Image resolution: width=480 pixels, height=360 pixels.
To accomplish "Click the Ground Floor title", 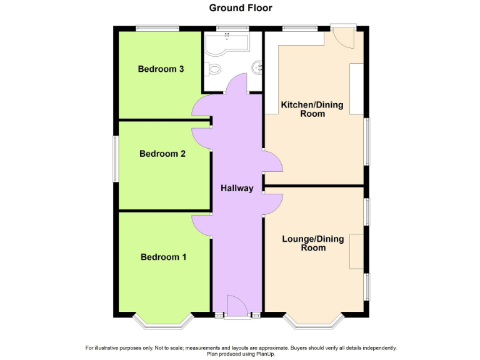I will coord(241,8).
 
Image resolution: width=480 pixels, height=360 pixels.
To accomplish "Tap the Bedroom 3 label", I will coord(161,69).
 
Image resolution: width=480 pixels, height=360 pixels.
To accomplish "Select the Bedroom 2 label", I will coord(162,154).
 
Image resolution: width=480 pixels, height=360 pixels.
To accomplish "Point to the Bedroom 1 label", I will coord(163,257).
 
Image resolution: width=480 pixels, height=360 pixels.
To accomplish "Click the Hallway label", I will coord(237,188).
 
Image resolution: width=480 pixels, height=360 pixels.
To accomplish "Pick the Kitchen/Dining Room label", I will coord(312,109).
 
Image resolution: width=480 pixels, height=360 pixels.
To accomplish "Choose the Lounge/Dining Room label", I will coord(313,243).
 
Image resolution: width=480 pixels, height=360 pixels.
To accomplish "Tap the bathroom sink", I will coord(256,66).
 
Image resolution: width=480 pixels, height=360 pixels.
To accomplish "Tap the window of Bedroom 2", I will coord(116,159).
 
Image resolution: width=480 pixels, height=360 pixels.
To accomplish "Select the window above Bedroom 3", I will coord(157,28).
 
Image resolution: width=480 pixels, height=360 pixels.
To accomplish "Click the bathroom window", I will coord(232,28).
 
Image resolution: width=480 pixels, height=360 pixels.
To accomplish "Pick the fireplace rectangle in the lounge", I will coord(356,252).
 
